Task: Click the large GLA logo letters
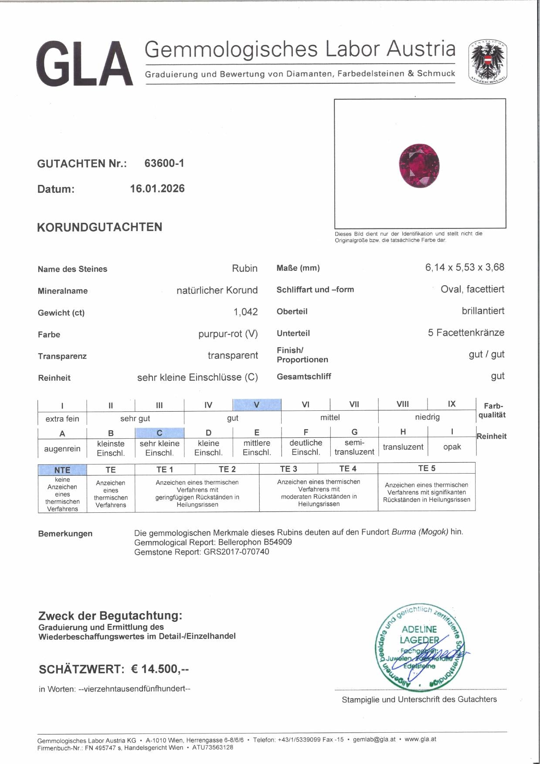[x=85, y=64]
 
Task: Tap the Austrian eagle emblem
[x=487, y=61]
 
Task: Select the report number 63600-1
[x=164, y=163]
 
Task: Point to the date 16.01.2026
[x=157, y=189]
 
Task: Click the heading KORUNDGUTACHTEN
[x=100, y=227]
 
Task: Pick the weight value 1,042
[x=245, y=312]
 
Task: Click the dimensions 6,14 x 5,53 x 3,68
[x=465, y=267]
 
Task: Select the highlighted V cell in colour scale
[x=257, y=405]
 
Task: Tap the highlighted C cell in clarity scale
[x=160, y=433]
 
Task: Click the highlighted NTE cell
[x=62, y=470]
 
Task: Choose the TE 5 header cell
[x=426, y=468]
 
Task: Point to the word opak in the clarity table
[x=452, y=447]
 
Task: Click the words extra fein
[x=62, y=419]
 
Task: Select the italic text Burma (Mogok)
[x=420, y=532]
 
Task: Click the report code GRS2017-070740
[x=236, y=552]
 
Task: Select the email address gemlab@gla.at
[x=374, y=739]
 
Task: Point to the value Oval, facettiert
[x=472, y=289]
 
